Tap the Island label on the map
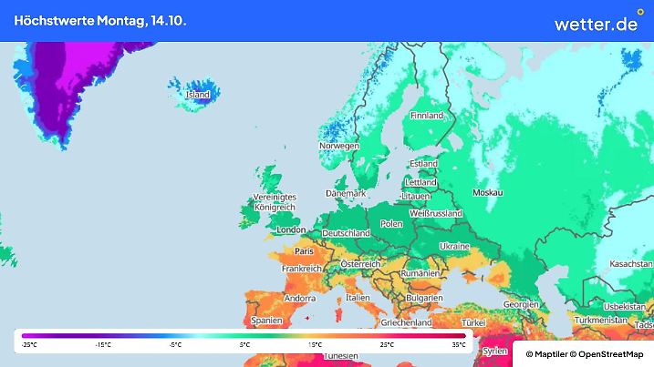click(198, 95)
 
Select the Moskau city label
click(488, 193)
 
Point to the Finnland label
click(426, 116)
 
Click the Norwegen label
click(338, 146)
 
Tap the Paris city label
click(305, 250)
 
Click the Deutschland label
click(346, 233)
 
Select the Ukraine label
click(454, 247)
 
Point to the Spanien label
click(265, 321)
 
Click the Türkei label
click(474, 323)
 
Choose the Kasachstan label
click(624, 263)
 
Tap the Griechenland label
click(406, 322)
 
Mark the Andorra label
click(300, 298)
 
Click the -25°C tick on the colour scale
click(29, 345)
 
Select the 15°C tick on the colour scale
click(316, 345)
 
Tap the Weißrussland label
click(435, 213)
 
